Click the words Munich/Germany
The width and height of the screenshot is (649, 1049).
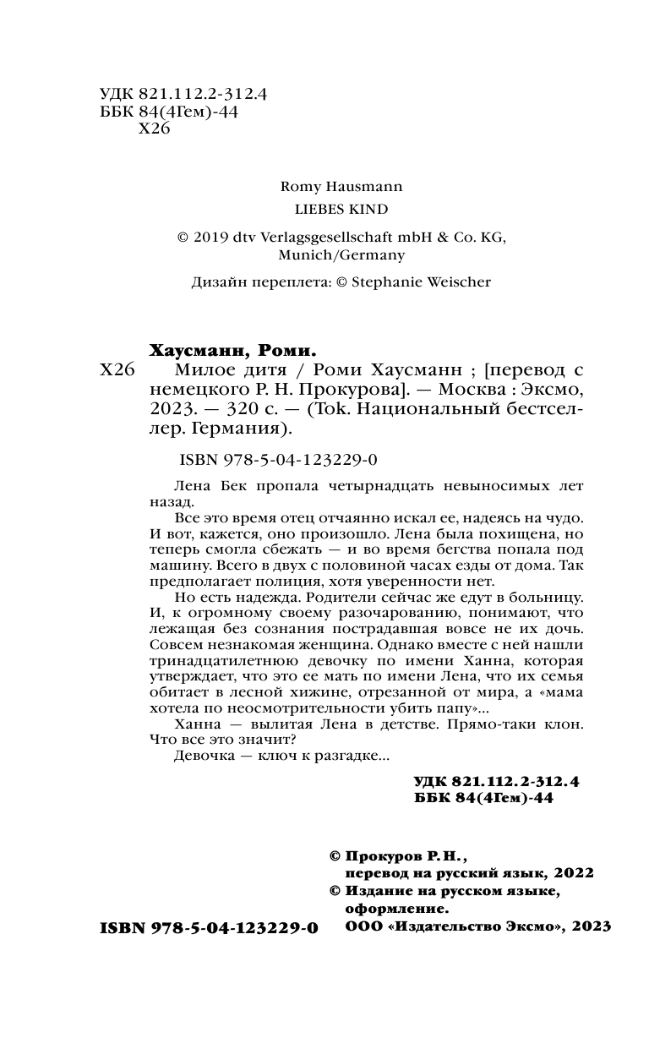(x=341, y=254)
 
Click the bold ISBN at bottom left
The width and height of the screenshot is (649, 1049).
(x=209, y=927)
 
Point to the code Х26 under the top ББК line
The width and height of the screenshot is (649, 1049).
(x=154, y=129)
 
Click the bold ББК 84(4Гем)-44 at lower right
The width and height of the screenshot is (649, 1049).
(x=484, y=799)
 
